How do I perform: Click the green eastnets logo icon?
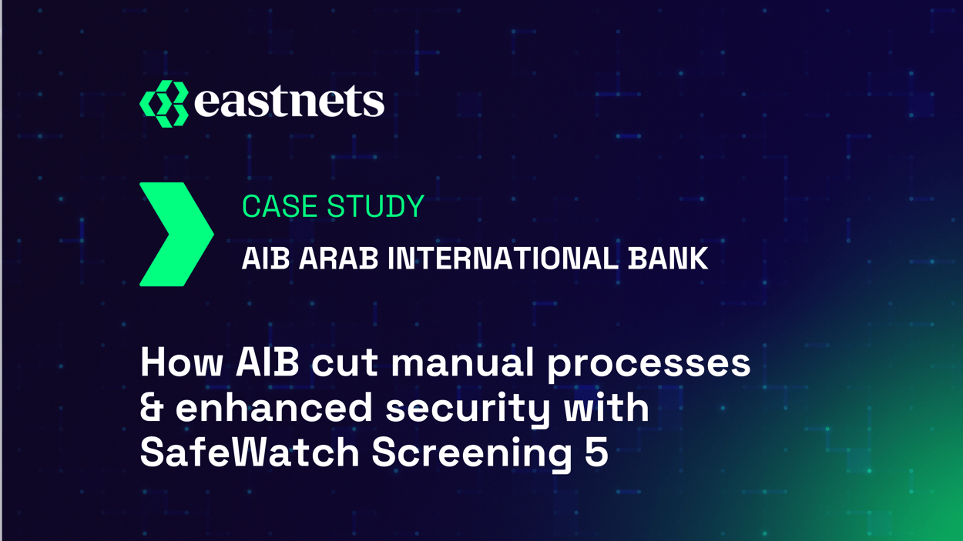164,103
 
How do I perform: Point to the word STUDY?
375,206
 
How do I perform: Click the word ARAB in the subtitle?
338,259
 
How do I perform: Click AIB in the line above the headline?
265,259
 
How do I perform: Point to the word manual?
461,362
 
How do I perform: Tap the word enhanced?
273,408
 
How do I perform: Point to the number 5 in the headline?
596,453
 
